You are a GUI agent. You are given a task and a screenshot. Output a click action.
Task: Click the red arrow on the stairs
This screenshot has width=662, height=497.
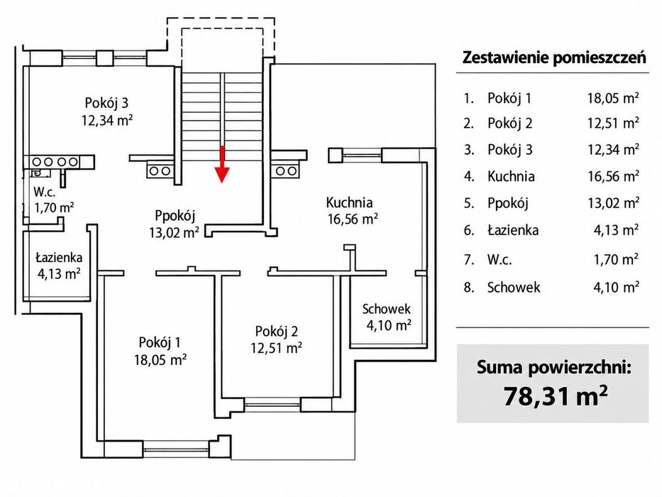(x=222, y=165)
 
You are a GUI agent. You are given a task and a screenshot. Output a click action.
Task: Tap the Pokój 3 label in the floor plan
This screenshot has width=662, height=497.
(x=107, y=103)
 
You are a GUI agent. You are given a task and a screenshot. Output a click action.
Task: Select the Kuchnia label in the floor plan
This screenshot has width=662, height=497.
(x=349, y=202)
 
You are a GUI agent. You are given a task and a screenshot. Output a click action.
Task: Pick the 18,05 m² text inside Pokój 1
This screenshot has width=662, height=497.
(x=160, y=360)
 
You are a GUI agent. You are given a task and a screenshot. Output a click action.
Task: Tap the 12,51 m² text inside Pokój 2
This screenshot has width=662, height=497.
(x=277, y=348)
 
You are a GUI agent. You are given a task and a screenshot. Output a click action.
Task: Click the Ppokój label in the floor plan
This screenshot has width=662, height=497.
(x=175, y=216)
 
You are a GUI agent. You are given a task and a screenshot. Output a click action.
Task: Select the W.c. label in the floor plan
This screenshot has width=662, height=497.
(x=44, y=192)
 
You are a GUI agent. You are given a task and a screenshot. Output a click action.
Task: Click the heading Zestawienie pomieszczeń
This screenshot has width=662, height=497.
(x=554, y=57)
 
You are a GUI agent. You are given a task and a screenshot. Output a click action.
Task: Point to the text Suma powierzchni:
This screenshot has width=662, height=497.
(x=554, y=367)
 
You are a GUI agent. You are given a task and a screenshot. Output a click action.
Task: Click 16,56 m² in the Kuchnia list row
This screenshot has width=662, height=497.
(x=614, y=176)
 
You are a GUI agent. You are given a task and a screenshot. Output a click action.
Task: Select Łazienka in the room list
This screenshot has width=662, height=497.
(x=513, y=230)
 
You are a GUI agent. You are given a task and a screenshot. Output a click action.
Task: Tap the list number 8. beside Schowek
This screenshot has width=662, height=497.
(x=468, y=288)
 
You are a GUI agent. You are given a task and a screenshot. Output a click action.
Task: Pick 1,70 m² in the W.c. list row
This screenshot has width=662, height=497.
(x=616, y=259)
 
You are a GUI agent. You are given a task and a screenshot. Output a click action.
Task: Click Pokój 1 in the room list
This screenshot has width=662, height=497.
(x=509, y=98)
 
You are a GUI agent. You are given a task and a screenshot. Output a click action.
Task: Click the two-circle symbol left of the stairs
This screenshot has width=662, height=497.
(x=160, y=171)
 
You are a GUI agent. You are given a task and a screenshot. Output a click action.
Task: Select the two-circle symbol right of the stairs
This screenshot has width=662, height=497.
(x=286, y=171)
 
